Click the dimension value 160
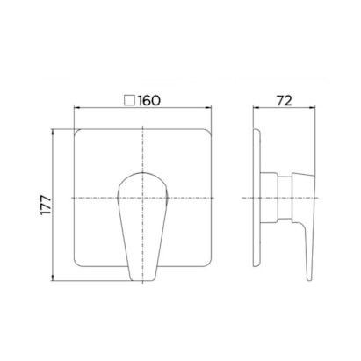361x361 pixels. coord(149,101)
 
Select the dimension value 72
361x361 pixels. coord(284,101)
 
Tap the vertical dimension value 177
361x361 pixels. coord(46,205)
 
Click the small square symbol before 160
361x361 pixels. coord(129,100)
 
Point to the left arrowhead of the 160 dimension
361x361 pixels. coord(76,108)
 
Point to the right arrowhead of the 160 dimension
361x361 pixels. coord(208,108)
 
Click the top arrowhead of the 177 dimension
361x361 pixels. coord(53,132)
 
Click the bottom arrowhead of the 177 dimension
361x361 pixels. coord(53,278)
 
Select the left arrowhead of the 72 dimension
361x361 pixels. coord(256,108)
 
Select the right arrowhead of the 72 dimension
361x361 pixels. coord(312,108)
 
